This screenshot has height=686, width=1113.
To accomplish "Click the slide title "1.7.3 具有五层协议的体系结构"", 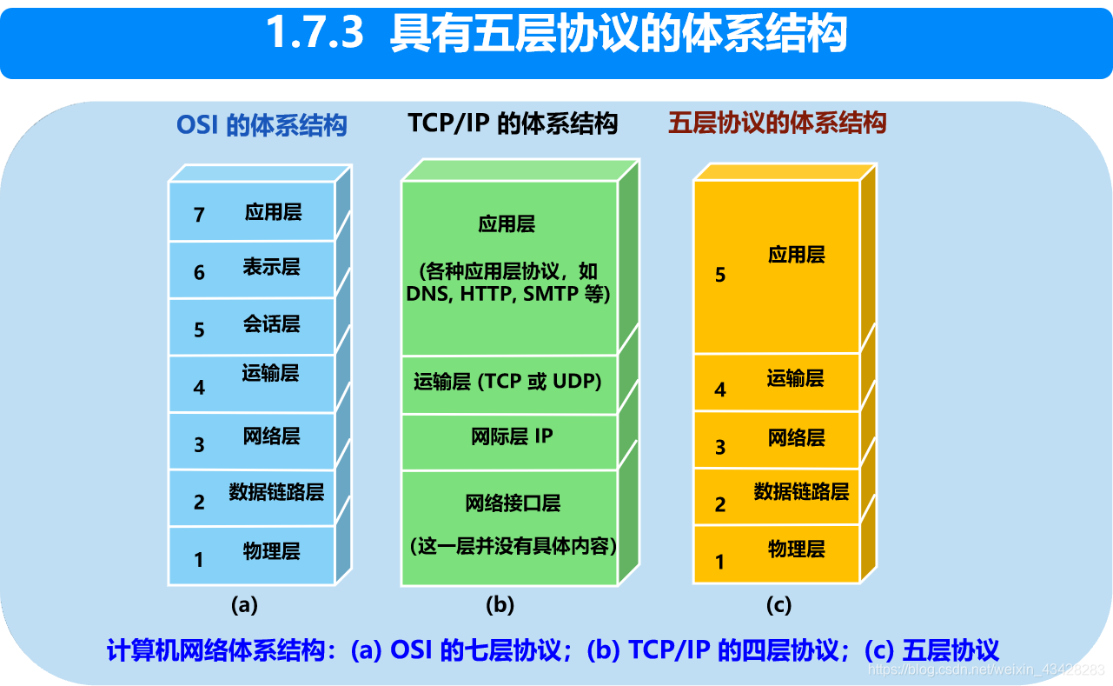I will (556, 35).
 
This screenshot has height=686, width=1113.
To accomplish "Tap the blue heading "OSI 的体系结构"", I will (262, 125).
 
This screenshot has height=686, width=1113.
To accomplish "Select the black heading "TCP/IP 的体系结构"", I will (513, 123).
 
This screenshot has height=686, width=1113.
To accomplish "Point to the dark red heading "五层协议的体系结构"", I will (777, 123).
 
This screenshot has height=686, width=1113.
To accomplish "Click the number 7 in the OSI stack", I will (199, 215).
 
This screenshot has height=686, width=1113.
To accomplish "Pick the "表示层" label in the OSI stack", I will (271, 267).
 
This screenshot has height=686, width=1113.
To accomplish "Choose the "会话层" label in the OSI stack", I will (271, 324).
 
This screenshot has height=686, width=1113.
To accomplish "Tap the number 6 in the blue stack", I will (199, 273).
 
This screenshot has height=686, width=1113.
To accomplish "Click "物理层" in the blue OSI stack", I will (271, 550).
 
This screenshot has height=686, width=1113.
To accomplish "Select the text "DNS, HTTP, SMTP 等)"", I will (508, 294).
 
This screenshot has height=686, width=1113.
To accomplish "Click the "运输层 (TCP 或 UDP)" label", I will (507, 382).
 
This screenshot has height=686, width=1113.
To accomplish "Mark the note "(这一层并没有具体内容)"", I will (513, 546).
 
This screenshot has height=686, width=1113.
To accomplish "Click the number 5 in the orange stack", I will (719, 275).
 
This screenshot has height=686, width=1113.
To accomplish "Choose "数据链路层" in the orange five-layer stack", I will (801, 491).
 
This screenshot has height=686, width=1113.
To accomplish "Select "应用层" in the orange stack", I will (796, 255).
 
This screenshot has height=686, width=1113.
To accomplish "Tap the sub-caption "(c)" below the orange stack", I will (777, 605).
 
